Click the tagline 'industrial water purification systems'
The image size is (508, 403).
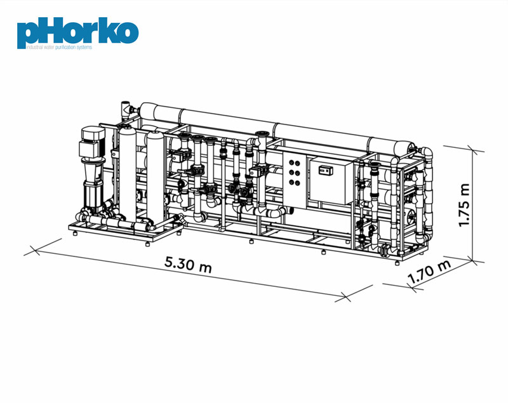click(x=59, y=47)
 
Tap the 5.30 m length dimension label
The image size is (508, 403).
click(x=188, y=264)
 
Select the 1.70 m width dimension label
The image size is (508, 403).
click(x=429, y=272)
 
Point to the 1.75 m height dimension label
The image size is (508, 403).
click(x=464, y=205)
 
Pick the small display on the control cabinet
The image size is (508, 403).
click(x=324, y=169)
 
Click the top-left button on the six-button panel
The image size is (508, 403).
click(x=291, y=162)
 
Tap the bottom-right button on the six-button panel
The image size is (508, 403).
click(x=297, y=183)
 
